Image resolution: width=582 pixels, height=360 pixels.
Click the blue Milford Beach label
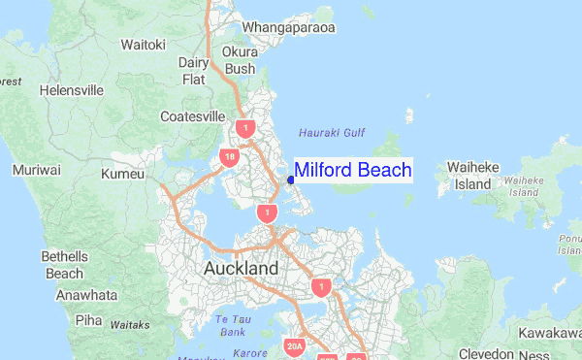(352, 171)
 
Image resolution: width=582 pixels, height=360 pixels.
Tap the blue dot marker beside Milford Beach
(291, 179)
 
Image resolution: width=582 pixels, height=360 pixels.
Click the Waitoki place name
(144, 45)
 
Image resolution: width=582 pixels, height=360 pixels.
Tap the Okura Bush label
(240, 60)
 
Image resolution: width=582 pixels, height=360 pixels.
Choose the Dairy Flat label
(194, 71)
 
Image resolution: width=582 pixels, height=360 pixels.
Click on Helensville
(72, 90)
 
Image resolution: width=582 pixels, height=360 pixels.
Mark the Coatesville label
(193, 116)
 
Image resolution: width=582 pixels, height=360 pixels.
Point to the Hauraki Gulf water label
(332, 131)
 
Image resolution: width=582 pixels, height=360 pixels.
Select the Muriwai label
(36, 170)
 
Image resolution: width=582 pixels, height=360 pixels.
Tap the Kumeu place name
(122, 175)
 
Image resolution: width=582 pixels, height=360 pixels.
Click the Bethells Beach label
(64, 265)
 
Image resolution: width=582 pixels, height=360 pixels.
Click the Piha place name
(88, 318)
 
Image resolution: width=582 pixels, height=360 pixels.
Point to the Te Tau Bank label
(231, 325)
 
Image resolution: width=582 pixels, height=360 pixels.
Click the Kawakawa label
(548, 333)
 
